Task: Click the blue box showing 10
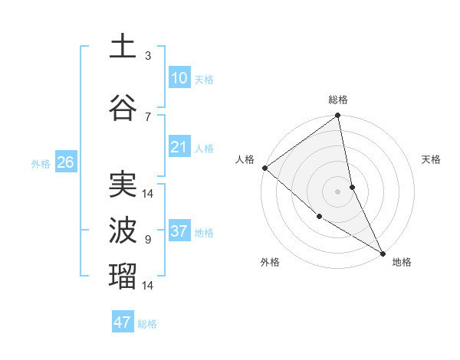(179, 78)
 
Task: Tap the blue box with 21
(179, 147)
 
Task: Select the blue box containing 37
(179, 231)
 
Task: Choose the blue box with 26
(66, 162)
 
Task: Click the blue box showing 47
(123, 322)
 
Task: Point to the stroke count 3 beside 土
(148, 56)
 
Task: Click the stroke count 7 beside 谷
(148, 116)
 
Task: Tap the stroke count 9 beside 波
(148, 240)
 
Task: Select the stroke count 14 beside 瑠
(148, 286)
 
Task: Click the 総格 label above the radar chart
(338, 100)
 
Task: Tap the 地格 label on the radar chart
(402, 262)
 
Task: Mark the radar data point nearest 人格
(264, 168)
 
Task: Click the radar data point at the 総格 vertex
(337, 116)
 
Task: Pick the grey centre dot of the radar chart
(337, 191)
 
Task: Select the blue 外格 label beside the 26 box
(41, 163)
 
